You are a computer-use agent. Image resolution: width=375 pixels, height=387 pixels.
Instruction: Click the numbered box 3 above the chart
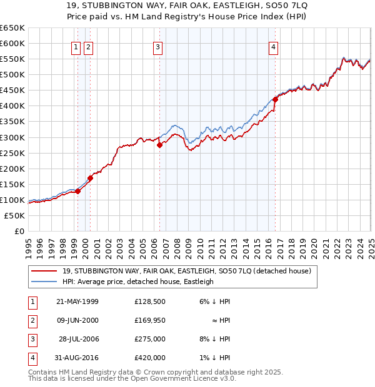pos(157,47)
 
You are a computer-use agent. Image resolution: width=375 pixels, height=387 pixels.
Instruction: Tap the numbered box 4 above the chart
pos(274,47)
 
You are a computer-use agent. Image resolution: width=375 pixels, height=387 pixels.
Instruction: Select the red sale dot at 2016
pos(276,99)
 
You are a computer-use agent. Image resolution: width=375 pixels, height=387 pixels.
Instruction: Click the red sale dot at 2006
pos(159,145)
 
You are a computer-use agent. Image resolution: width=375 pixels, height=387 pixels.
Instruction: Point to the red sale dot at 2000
pos(90,178)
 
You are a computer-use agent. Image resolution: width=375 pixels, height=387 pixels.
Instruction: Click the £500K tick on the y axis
pos(14,74)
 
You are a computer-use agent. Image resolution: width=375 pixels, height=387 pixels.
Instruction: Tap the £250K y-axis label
pos(14,153)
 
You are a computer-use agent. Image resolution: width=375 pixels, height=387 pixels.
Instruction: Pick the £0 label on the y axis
pos(20,231)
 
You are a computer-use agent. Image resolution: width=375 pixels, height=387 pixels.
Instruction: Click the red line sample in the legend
pos(44,272)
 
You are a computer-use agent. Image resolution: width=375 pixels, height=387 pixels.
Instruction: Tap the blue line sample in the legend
pos(44,282)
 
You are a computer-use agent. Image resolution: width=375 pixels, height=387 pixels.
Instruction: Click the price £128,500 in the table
pos(149,301)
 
